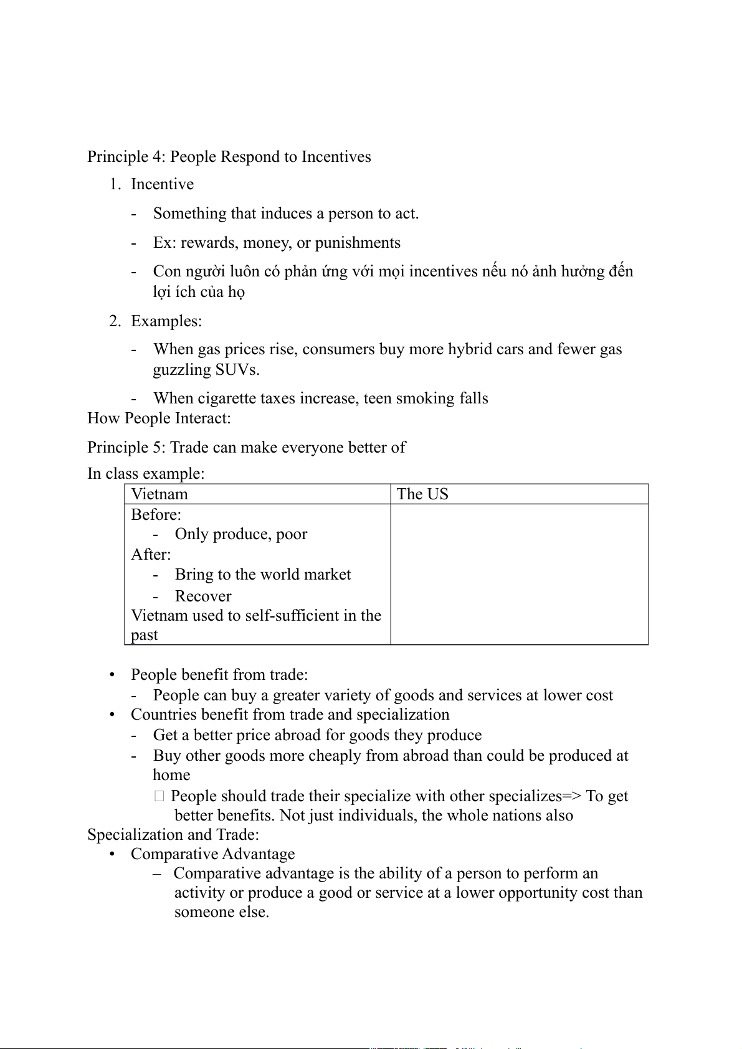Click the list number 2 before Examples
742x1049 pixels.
(114, 321)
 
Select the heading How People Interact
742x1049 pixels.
(159, 418)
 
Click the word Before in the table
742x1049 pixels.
(155, 515)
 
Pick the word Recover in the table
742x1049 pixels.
(203, 596)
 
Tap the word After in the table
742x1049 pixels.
(150, 555)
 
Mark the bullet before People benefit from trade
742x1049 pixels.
(112, 675)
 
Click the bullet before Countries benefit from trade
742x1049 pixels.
(112, 715)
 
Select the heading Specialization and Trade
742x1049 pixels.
(173, 835)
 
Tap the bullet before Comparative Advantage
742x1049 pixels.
(112, 855)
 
